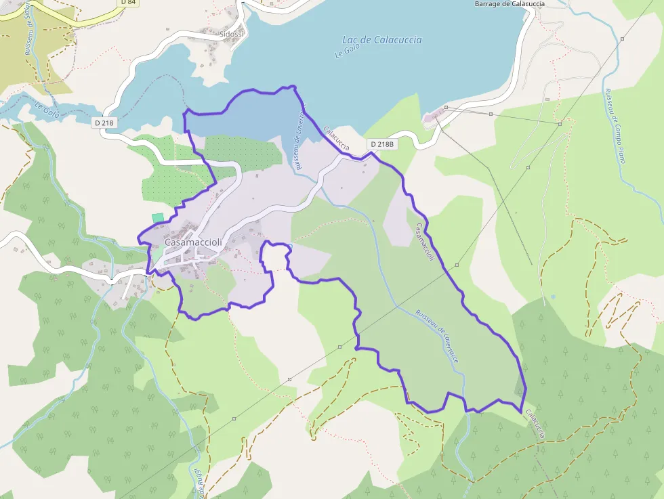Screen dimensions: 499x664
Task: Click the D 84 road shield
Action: (127, 3)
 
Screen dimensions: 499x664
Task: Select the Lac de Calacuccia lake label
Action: (382, 40)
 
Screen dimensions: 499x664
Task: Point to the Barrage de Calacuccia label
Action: (510, 3)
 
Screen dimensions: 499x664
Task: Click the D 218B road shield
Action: (382, 144)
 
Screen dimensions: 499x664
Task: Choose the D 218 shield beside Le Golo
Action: (104, 123)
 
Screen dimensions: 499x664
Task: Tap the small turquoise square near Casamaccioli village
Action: (158, 217)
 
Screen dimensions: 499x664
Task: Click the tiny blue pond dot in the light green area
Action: (553, 297)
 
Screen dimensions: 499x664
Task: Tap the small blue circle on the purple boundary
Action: (289, 246)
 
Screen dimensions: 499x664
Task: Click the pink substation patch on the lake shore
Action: (431, 121)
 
